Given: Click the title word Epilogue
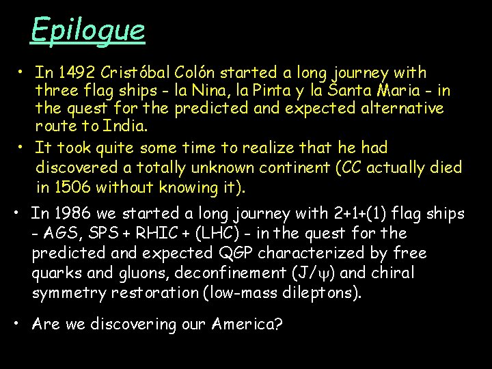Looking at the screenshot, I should pos(87,30).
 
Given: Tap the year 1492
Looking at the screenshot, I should pos(77,72).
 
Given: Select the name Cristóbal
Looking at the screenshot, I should pos(137,72).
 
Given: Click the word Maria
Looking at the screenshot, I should pos(425,91).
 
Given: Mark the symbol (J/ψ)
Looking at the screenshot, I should pos(312,273).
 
